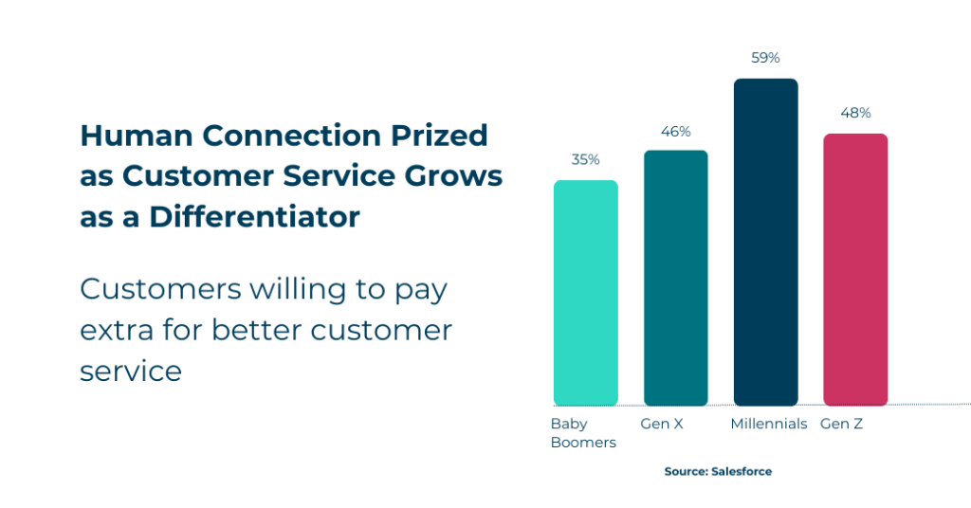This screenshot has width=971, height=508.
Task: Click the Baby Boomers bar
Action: [585, 293]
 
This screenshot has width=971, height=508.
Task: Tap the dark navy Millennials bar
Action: [765, 242]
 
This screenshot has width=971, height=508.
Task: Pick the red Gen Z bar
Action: [855, 269]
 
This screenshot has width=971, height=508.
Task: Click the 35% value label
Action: [585, 159]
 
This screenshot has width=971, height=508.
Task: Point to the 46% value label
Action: [676, 131]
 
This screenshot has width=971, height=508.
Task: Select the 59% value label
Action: [765, 58]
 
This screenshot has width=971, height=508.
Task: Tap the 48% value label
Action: [855, 113]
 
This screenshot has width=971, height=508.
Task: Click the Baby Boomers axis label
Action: [582, 433]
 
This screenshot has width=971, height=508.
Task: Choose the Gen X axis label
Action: [662, 424]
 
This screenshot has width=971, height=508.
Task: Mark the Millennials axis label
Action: [768, 424]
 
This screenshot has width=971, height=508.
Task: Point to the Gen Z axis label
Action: [841, 424]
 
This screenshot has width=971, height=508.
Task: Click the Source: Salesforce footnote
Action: [718, 471]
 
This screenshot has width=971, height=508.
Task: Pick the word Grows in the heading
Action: [456, 176]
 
